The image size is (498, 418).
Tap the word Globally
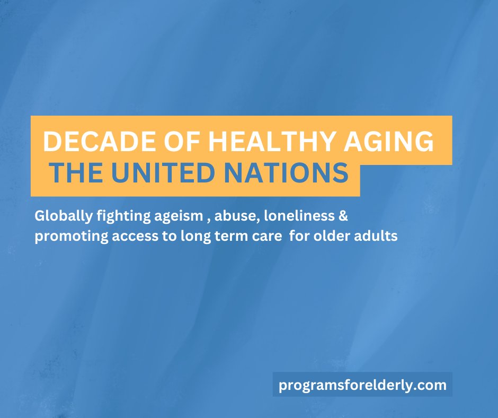tap(59, 216)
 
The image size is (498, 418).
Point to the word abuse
tap(226, 216)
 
